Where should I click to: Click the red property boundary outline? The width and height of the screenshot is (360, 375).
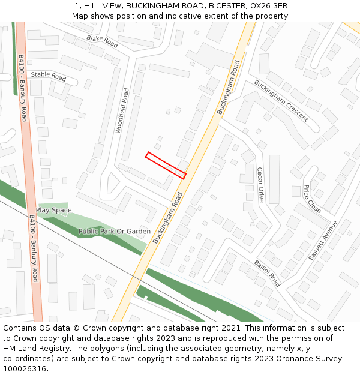coord(166,165)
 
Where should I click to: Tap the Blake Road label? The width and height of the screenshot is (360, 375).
coord(102,40)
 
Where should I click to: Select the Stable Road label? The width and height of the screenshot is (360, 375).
coord(49,77)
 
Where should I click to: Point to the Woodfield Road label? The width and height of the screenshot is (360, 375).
coord(121,110)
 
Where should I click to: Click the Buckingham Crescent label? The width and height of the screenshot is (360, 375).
coord(281,100)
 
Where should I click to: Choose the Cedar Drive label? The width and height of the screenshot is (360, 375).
coord(260,185)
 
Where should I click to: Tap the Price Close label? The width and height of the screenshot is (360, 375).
coord(312,198)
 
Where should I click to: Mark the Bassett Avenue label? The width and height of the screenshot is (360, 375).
coord(323,240)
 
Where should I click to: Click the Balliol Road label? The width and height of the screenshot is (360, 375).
coord(267,273)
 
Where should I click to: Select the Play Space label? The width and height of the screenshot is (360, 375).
coord(53,210)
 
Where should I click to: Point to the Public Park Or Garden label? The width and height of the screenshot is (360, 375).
coord(115,231)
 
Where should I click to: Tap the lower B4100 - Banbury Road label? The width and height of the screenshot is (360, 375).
coord(34,248)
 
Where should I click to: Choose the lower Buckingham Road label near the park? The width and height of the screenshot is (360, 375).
coord(167,217)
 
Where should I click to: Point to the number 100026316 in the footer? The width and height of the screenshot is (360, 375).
coord(24,368)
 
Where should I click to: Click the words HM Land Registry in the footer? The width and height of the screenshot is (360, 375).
coord(32,348)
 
